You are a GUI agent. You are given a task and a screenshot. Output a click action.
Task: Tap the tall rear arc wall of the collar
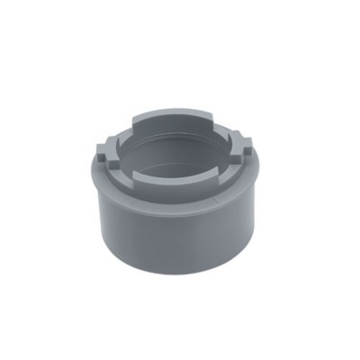coord(180,121)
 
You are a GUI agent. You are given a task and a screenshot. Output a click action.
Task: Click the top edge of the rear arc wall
coord(180,111)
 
